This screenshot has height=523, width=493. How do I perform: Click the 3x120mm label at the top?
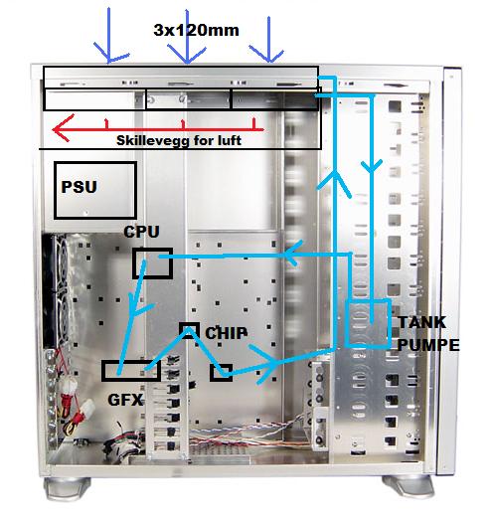coord(196,31)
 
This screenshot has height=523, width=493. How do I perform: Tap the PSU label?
coord(79,187)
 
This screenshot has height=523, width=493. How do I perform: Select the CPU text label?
coord(141,232)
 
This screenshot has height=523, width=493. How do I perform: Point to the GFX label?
coord(125,400)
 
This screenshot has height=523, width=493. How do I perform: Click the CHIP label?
coord(227,333)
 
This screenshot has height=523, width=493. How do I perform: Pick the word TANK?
coord(421,322)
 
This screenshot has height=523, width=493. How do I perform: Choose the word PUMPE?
coord(428,345)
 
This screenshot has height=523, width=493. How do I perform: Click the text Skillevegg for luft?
coord(179,140)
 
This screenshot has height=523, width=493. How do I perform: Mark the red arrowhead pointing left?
coord(63,128)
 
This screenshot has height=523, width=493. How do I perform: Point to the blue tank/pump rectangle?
coord(347,323)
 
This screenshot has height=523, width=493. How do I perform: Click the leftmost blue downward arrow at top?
coord(108,35)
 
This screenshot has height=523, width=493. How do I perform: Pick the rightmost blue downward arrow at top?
coord(268,40)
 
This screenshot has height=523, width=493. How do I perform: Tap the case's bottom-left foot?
coord(67,487)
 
